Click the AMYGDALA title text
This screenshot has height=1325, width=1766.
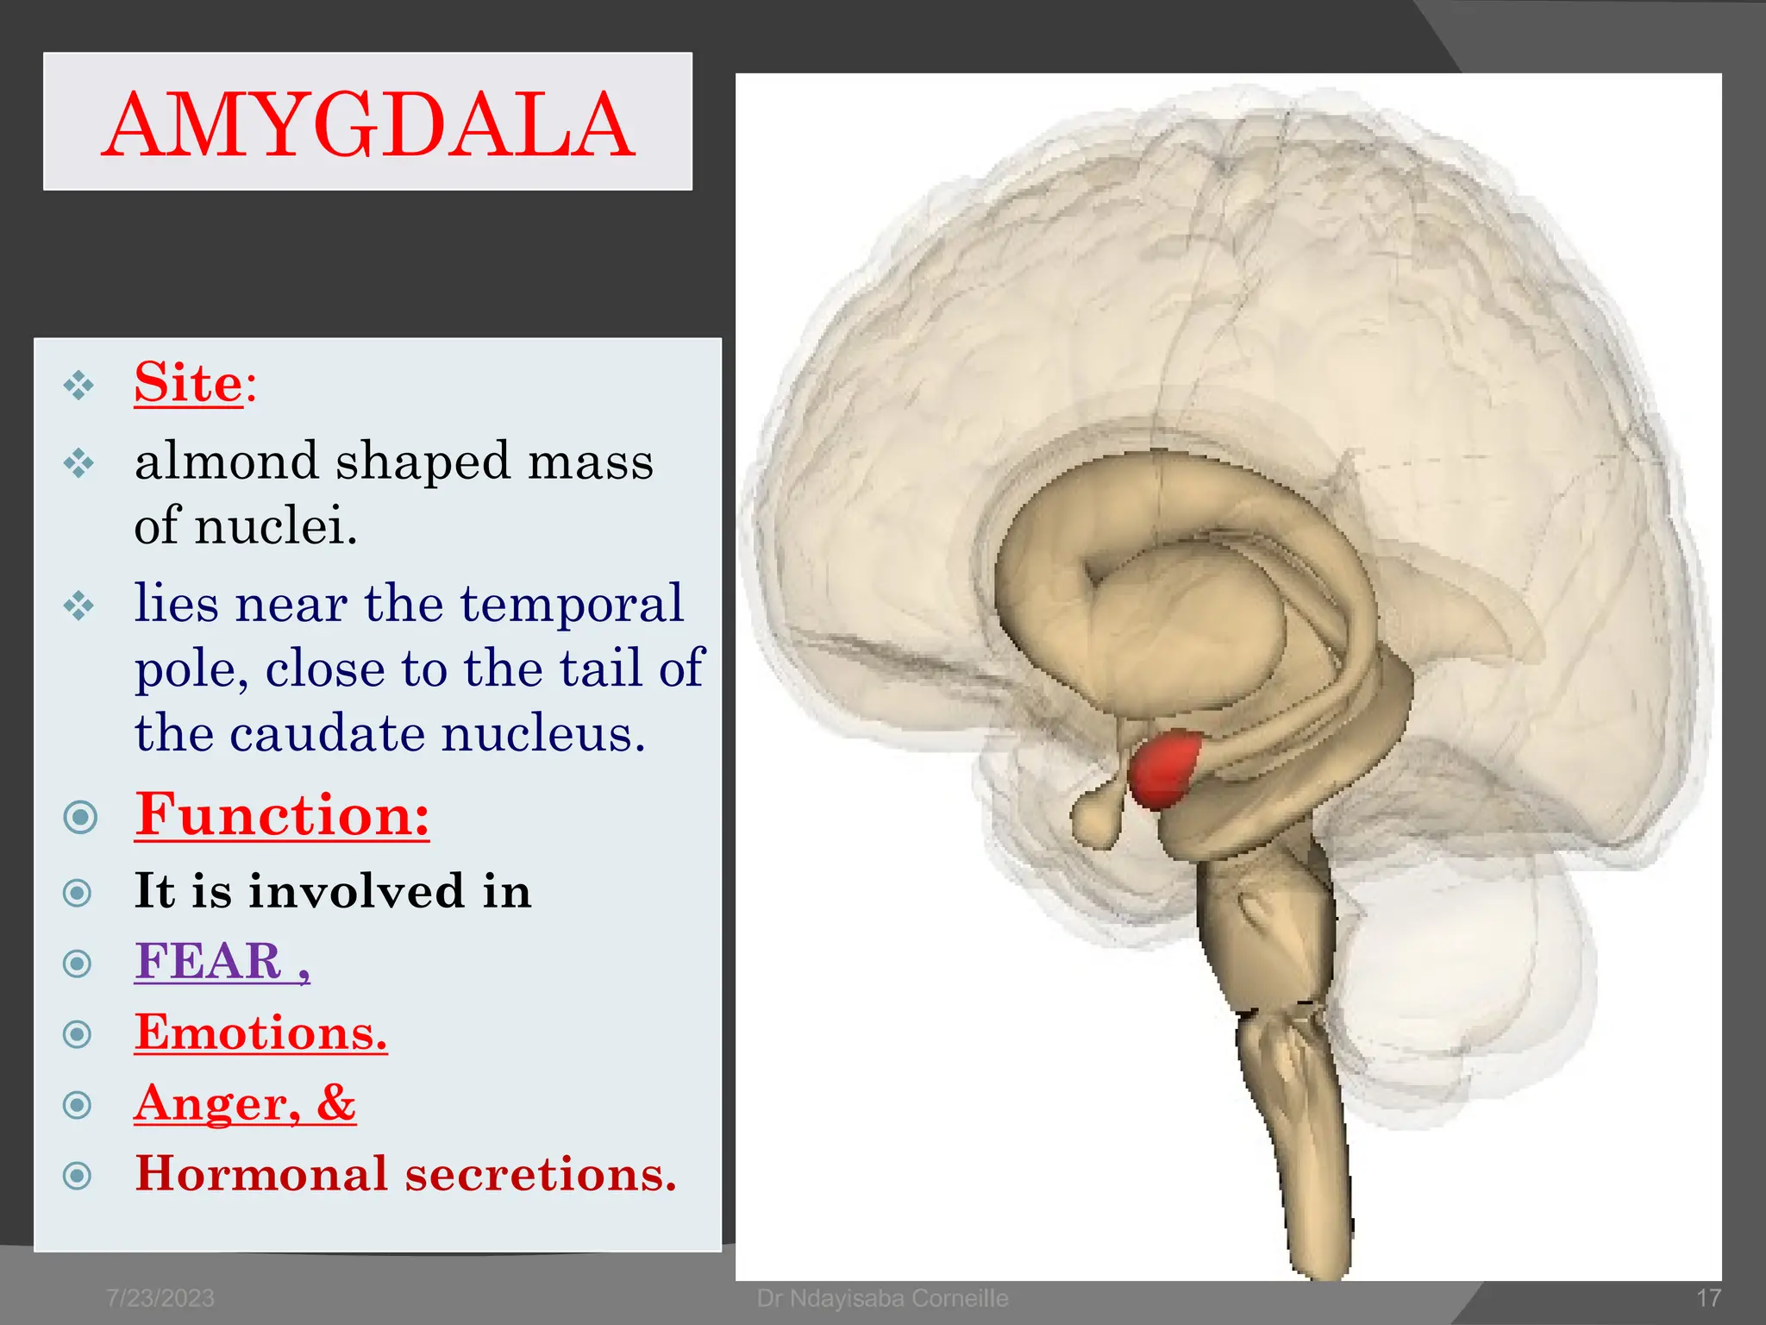pos(368,125)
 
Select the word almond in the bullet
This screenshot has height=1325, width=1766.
pos(227,461)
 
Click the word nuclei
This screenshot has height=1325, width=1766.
pos(276,525)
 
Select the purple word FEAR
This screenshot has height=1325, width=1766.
pos(209,961)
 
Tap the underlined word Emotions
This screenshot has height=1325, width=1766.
pos(260,1033)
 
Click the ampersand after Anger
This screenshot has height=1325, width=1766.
pos(335,1102)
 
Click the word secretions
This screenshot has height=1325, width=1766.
pos(541,1174)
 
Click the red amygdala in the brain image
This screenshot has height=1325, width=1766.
pos(1164,768)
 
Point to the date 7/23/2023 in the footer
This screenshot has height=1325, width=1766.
pos(160,1298)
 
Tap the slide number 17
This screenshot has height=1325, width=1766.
pos(1708,1298)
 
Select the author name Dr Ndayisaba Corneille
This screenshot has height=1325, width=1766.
pos(882,1298)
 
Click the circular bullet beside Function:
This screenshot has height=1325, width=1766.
pos(80,816)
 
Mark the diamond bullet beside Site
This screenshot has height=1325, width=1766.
pos(78,385)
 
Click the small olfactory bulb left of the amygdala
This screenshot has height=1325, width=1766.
pos(1095,819)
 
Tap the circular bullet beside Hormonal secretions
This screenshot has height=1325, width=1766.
pos(78,1175)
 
